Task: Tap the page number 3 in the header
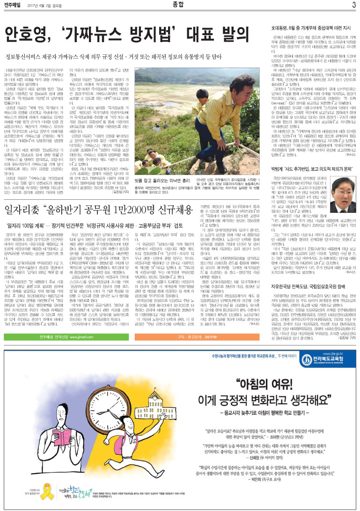tap(353, 5)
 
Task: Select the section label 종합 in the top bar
tap(180, 5)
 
